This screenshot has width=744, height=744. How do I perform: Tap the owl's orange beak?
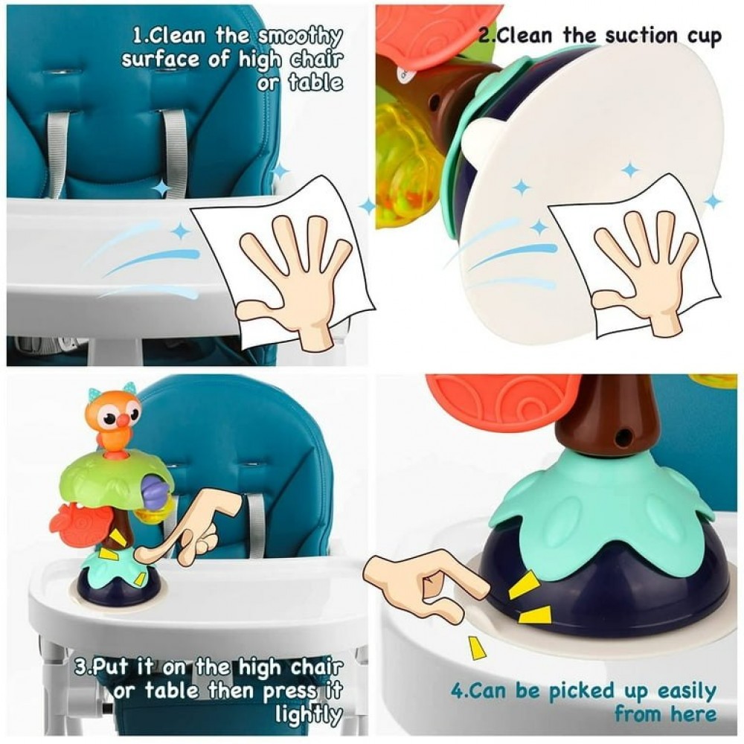click(123, 419)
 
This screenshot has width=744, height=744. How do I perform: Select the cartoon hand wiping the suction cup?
click(645, 275)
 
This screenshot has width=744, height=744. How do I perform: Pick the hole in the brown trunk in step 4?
click(620, 438)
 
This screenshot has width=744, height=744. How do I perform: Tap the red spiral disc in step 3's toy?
click(79, 523)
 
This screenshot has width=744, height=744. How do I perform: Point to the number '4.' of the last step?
click(459, 692)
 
